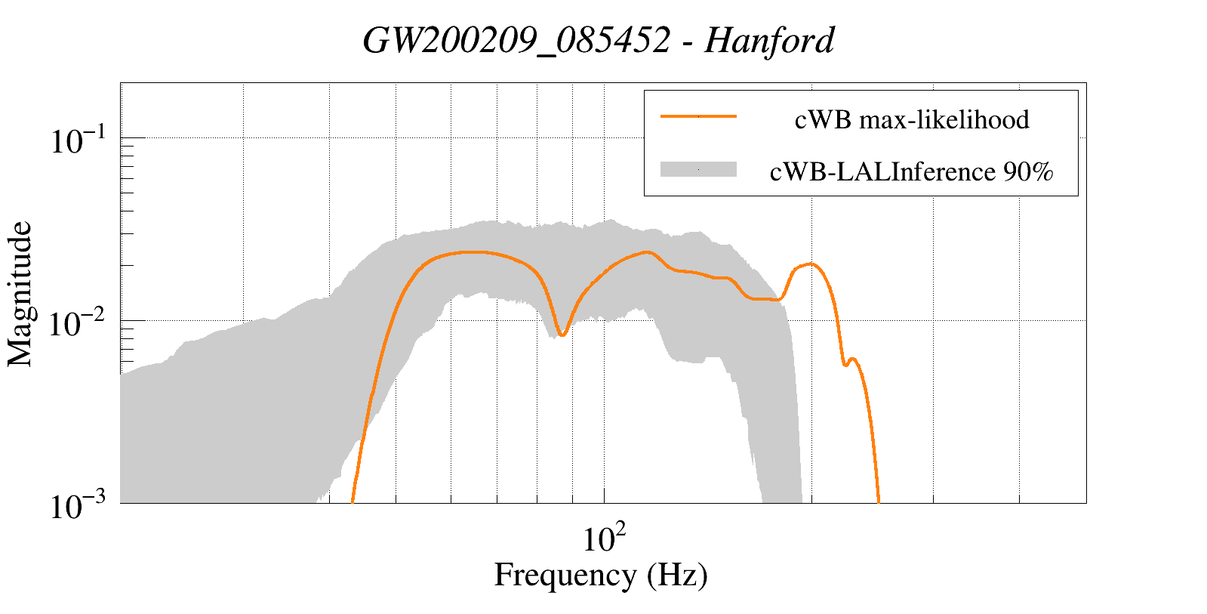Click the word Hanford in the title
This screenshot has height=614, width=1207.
click(x=769, y=41)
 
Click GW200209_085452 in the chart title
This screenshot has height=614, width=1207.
click(x=516, y=41)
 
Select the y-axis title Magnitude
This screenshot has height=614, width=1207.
click(x=20, y=294)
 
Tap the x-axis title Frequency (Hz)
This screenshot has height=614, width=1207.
click(x=601, y=575)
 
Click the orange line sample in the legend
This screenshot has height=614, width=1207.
click(x=697, y=116)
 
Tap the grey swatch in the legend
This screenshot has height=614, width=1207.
click(x=697, y=170)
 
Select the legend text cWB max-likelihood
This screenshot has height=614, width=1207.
click(x=912, y=119)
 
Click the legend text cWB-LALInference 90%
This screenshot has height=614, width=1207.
click(x=911, y=172)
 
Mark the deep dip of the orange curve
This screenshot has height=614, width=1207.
click(x=562, y=334)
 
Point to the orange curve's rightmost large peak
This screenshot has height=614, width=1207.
click(x=811, y=264)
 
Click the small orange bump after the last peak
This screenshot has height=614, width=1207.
click(x=852, y=359)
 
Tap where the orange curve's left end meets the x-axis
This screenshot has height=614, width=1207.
click(x=353, y=501)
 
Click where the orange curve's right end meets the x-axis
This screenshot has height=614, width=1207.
click(x=879, y=501)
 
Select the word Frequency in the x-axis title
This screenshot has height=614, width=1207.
click(x=565, y=575)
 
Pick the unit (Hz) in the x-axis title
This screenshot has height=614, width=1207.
click(x=677, y=575)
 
